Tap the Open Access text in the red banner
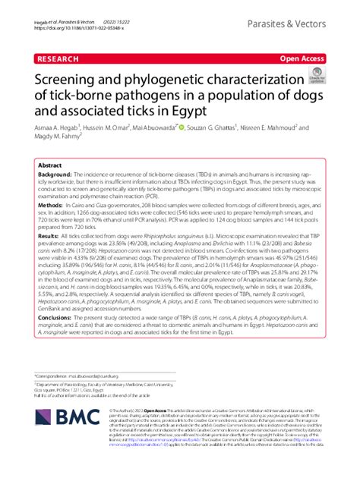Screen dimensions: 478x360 pyautogui.click(x=302, y=57)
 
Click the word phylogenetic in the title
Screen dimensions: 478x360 pyautogui.click(x=159, y=80)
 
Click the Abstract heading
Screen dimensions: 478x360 pyautogui.click(x=50, y=164)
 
